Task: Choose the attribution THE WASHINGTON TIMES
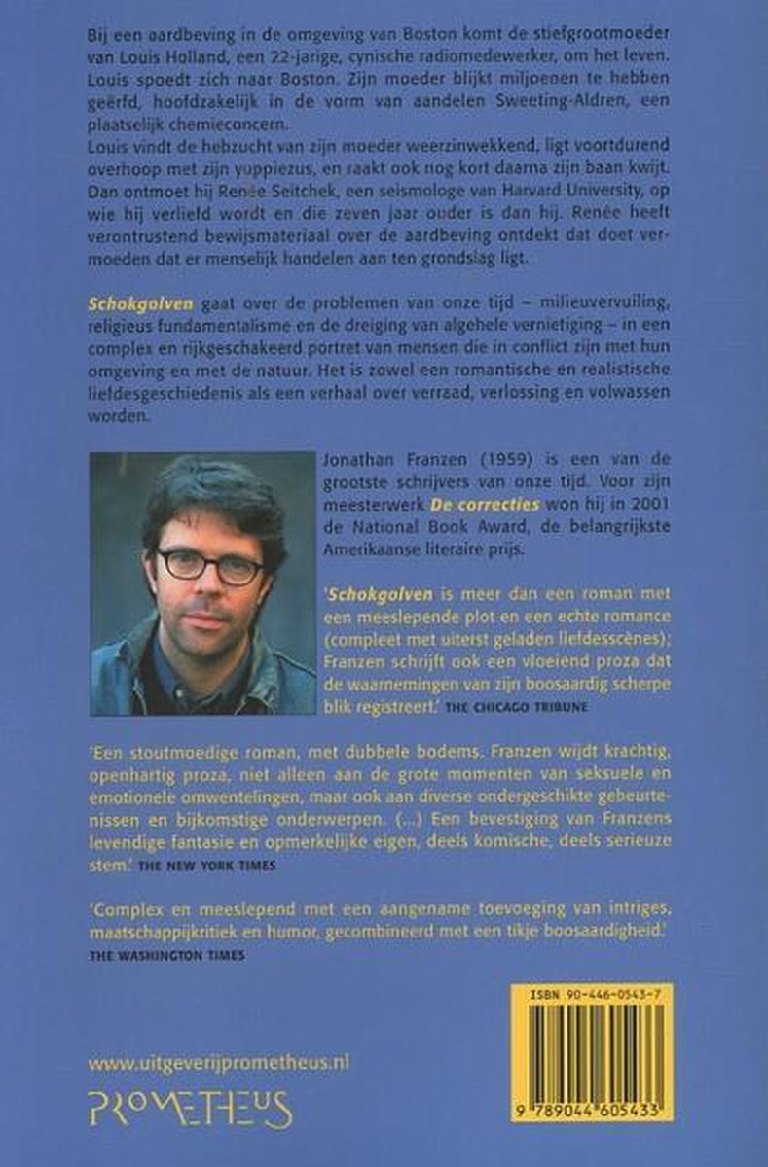[x=167, y=955]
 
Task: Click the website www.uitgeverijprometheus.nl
[x=218, y=1063]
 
